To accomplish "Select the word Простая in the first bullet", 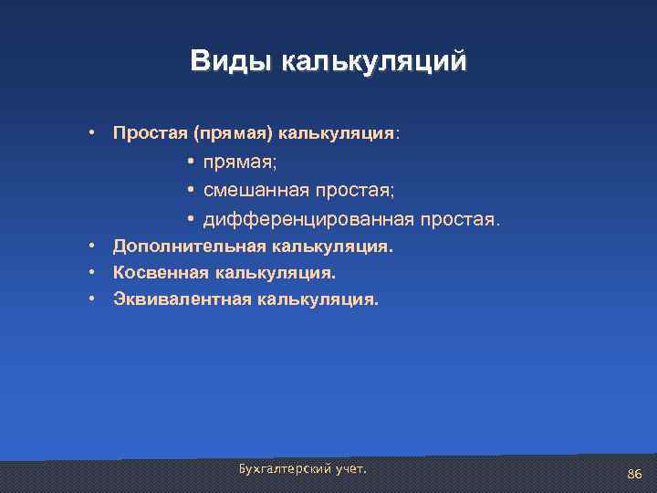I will [150, 133].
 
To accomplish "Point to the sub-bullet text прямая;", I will [241, 162].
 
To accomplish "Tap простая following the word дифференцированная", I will [459, 220].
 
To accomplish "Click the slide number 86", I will [635, 474].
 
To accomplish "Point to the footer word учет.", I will [349, 468].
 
